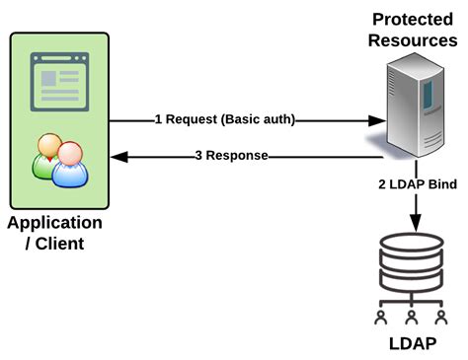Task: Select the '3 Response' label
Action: (231, 155)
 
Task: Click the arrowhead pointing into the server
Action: (376, 120)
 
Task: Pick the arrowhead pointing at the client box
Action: (117, 155)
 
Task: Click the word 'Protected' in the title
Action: (414, 20)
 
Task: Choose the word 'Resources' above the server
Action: (414, 40)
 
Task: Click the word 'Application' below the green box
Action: (54, 222)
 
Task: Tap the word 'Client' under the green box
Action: (60, 243)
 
